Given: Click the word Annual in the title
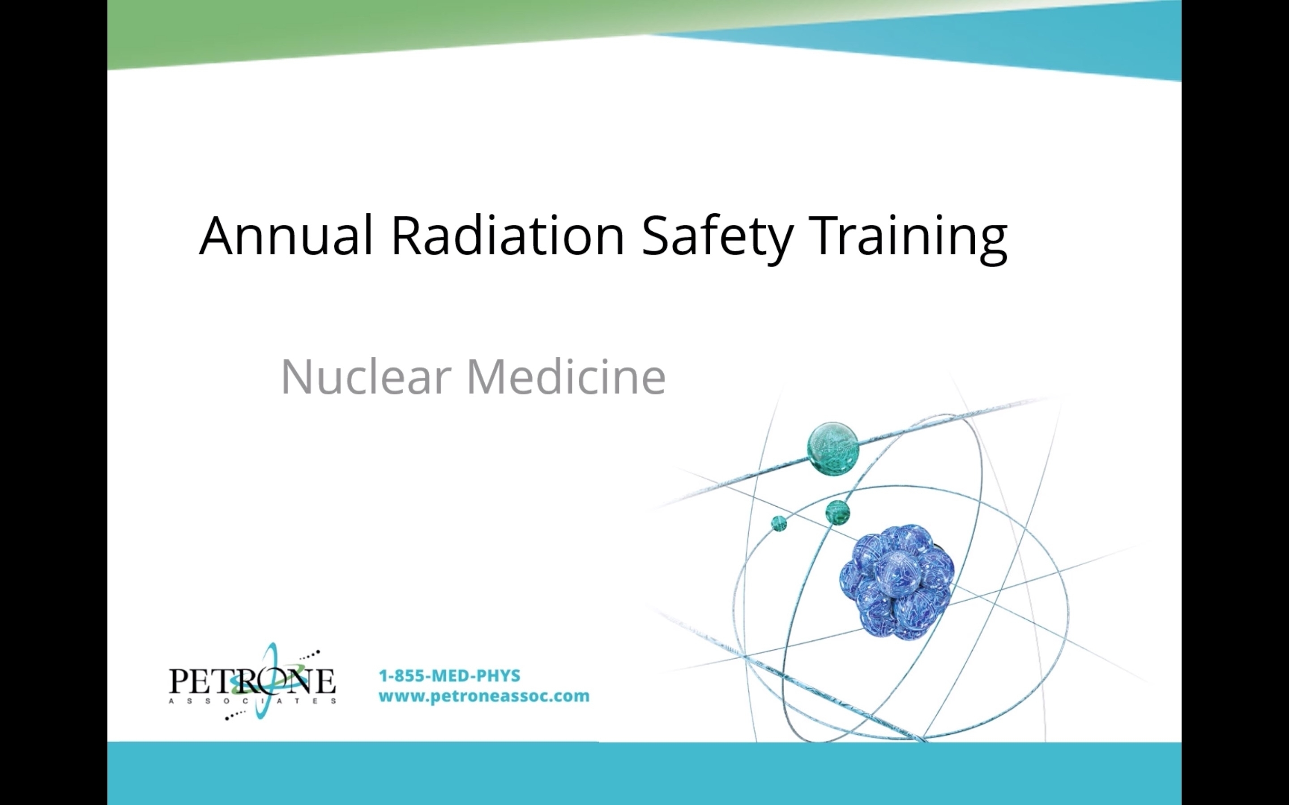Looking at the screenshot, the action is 286,235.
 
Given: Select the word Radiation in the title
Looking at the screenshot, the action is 508,235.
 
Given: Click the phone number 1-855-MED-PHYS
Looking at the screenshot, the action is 449,676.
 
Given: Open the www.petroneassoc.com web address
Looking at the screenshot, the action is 484,696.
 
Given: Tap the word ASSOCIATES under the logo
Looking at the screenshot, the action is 252,701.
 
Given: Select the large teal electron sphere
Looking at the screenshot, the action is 833,448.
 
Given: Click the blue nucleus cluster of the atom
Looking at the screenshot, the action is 897,582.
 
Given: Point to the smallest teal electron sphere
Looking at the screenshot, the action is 779,523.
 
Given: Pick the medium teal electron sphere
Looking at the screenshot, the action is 837,513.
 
